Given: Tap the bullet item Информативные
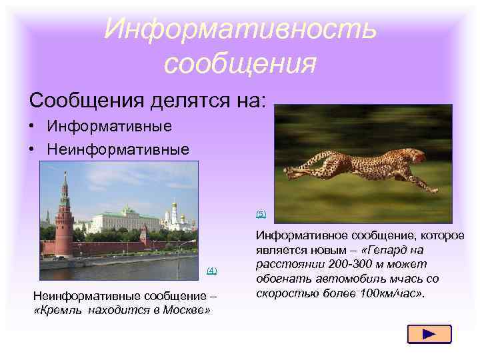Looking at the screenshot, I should tap(109, 126).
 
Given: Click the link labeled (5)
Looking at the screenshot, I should tap(261, 214).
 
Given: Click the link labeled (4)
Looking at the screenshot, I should tap(211, 270).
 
